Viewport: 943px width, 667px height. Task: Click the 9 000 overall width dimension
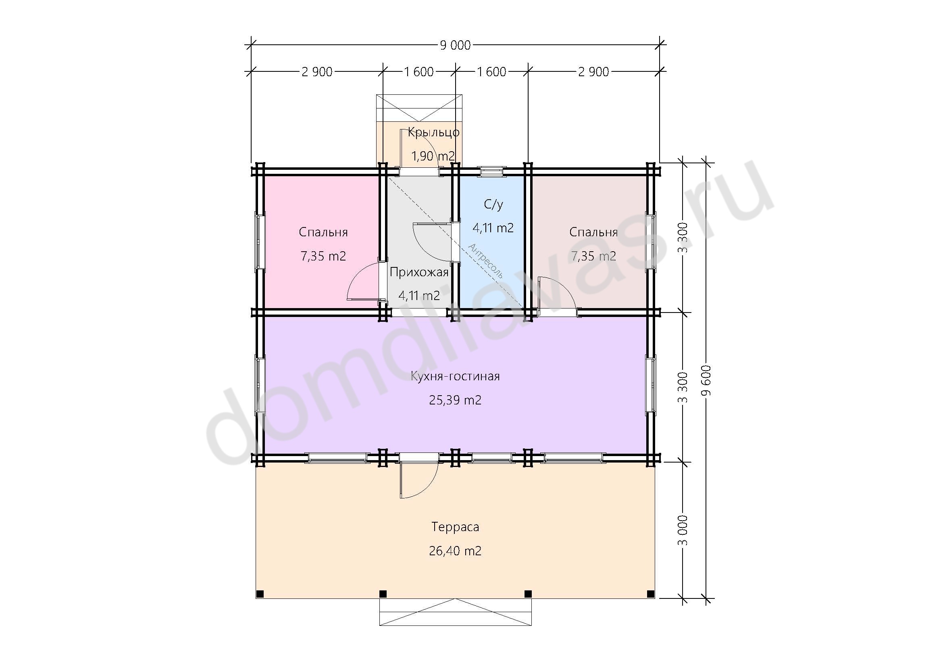click(455, 45)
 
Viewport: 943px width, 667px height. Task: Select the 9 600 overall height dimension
click(706, 380)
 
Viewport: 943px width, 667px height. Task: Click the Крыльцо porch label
click(433, 133)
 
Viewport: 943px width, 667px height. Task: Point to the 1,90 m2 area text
click(433, 156)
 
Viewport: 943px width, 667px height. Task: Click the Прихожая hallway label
click(419, 272)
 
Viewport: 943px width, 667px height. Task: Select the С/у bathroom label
click(493, 204)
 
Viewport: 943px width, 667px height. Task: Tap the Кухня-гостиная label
click(455, 376)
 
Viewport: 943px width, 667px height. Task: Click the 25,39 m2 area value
click(455, 400)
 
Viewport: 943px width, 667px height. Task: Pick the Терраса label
click(455, 527)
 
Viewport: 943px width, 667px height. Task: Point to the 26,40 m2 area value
click(455, 551)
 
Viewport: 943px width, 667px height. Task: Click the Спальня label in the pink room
click(323, 232)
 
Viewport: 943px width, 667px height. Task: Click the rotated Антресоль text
click(485, 261)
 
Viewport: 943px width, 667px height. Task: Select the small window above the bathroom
click(491, 171)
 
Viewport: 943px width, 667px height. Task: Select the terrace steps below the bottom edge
click(455, 612)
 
